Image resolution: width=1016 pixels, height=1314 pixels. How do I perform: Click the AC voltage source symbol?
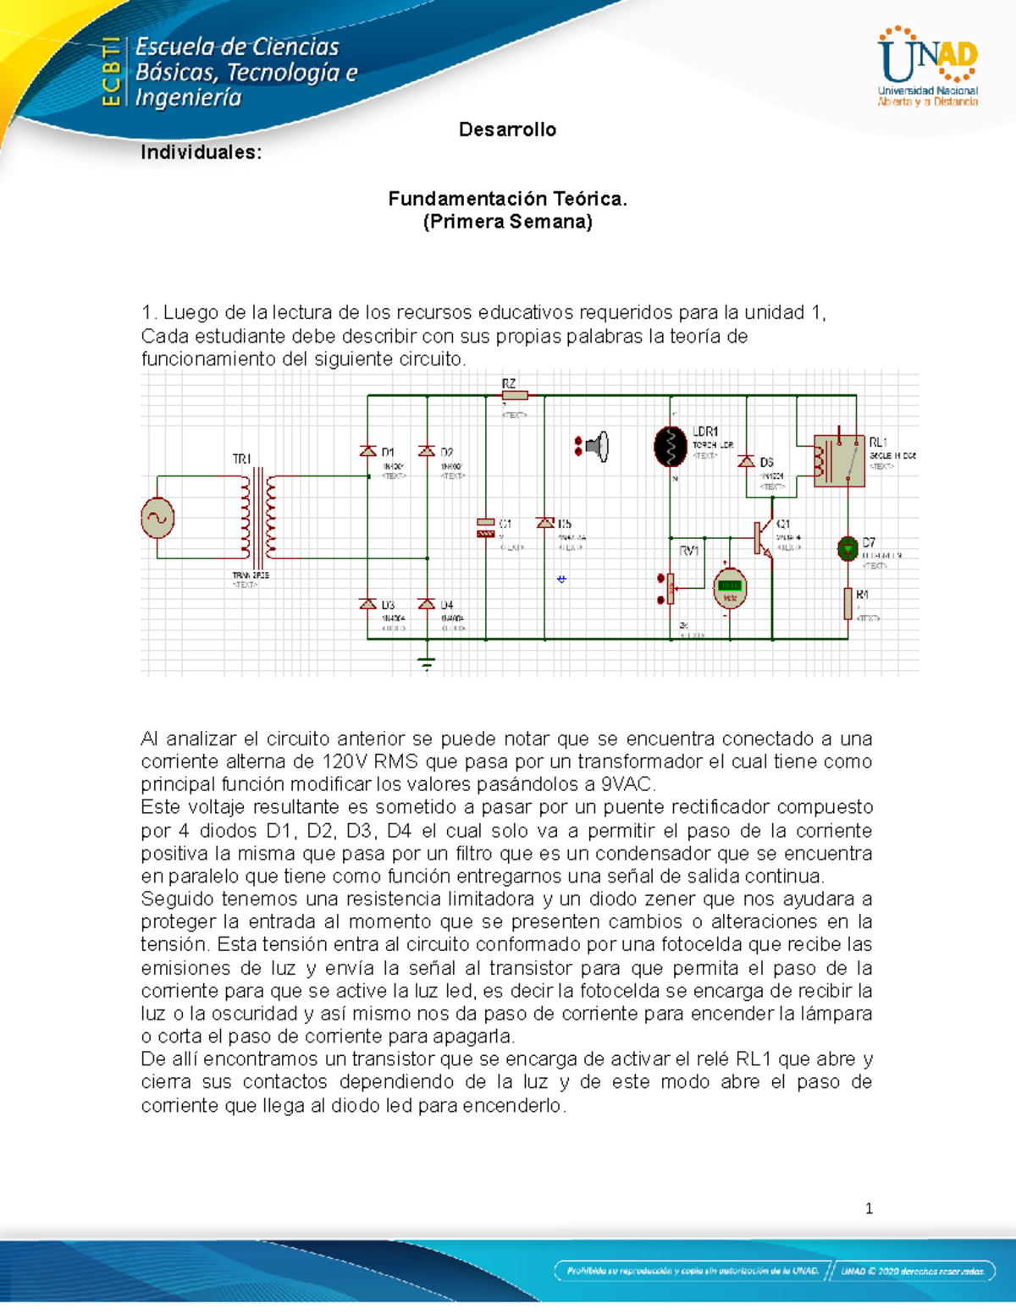[157, 517]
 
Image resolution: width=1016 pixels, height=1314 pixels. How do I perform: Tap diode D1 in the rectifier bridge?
[368, 452]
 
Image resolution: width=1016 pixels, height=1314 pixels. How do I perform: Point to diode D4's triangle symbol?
[427, 604]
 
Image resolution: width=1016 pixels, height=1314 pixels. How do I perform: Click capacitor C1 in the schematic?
[486, 527]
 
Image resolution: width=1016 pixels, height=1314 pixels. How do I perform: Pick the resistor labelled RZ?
[515, 395]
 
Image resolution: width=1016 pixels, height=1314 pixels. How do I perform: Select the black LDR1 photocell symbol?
[671, 446]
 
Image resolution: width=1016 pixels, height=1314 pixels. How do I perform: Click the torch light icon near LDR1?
[597, 446]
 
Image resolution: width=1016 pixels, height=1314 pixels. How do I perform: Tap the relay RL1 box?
[838, 461]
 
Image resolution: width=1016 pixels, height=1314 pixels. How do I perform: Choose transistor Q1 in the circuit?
[765, 537]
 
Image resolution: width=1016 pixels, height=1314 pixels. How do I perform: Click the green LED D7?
[848, 549]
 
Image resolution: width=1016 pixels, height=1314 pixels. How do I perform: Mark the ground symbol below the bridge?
[427, 662]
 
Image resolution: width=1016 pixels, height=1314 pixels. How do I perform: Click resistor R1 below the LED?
[848, 603]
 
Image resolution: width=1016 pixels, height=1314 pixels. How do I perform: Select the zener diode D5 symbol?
[545, 524]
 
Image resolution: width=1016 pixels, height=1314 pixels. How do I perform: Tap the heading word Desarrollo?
[507, 129]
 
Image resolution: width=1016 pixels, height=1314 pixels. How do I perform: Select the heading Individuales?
[201, 152]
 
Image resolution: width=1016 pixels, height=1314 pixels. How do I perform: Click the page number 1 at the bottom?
[869, 1208]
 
